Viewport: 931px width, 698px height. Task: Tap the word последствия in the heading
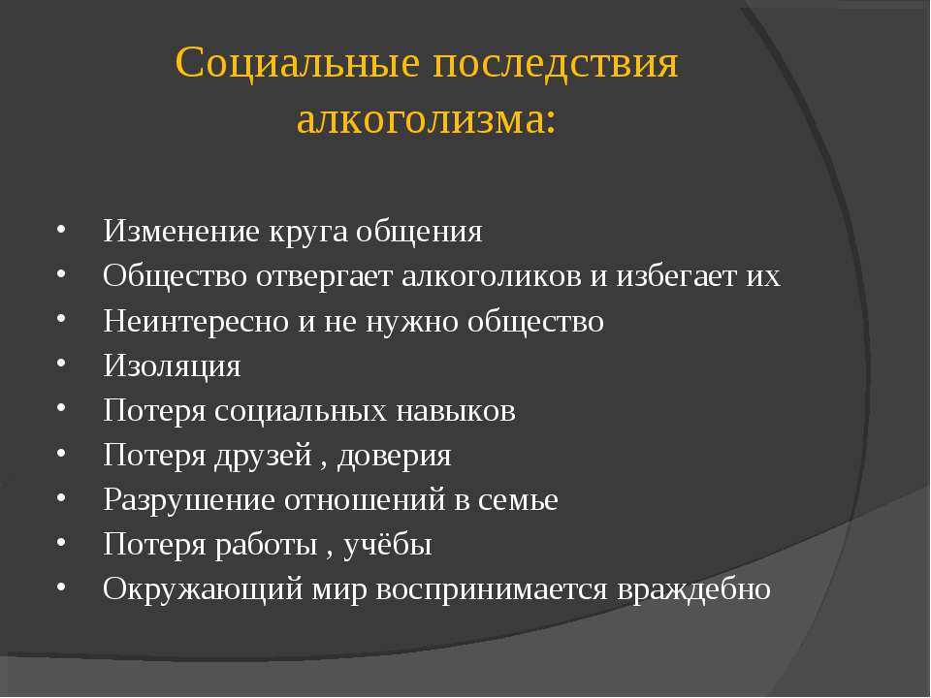point(555,62)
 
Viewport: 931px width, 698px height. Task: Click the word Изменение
point(181,231)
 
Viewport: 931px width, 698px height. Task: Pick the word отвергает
point(324,276)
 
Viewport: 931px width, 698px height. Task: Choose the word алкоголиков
point(492,276)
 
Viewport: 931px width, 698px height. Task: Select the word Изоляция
point(173,365)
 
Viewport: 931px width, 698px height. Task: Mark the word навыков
point(456,411)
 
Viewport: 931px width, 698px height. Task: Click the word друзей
point(263,457)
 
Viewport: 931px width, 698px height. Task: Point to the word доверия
point(395,457)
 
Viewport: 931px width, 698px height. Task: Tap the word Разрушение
point(189,500)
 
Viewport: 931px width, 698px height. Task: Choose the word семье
point(518,501)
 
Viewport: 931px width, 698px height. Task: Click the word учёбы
point(387,545)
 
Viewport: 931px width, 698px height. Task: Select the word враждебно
point(693,590)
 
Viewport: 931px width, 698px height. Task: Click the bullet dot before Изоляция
point(61,362)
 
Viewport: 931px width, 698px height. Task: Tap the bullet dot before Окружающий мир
point(61,587)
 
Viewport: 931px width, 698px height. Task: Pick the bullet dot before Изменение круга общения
point(61,228)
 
